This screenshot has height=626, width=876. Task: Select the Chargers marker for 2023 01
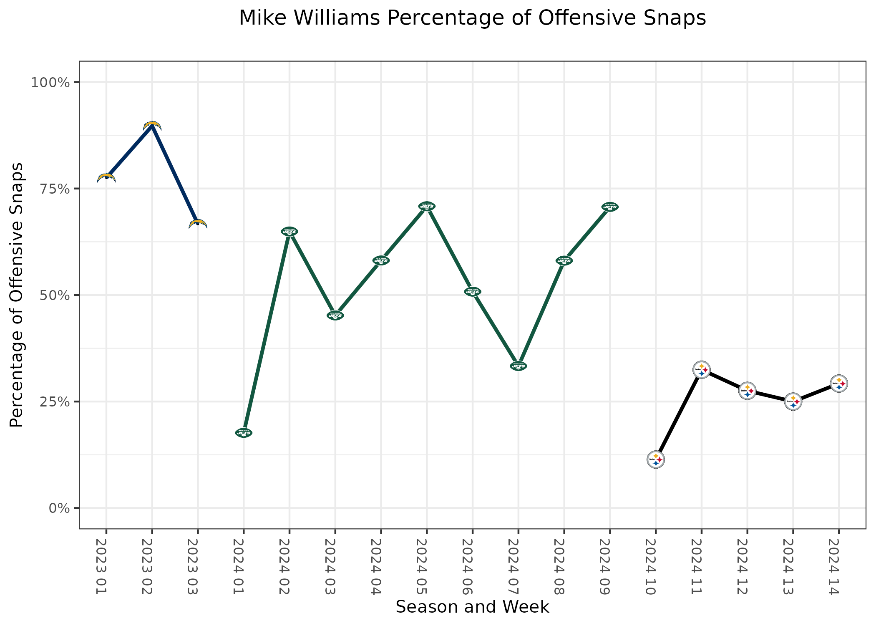point(106,178)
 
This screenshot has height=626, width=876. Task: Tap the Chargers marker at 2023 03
point(198,224)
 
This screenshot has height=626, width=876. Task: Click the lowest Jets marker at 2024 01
point(244,433)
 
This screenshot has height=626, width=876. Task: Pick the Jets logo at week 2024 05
point(427,206)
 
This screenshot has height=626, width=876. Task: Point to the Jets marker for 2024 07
point(519,366)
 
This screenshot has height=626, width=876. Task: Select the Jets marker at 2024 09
point(610,207)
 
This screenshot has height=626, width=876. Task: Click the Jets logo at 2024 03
point(335,316)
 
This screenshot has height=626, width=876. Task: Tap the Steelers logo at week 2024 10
point(656,460)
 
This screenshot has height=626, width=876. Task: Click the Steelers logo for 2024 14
point(839,384)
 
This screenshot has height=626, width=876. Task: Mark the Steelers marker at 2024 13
point(793,402)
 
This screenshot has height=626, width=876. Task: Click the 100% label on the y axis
point(50,83)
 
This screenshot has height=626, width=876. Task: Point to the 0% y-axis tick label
point(59,508)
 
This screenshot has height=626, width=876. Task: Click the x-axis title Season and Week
point(472,607)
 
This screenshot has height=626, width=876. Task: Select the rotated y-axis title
point(17,295)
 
